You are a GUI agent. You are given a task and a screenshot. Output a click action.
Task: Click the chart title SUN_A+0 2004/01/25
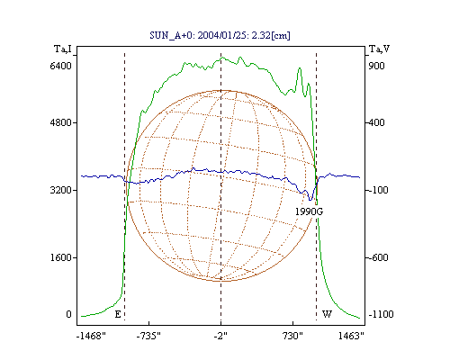pyautogui.click(x=220, y=35)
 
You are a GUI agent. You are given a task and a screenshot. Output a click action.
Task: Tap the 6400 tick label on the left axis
pyautogui.click(x=61, y=66)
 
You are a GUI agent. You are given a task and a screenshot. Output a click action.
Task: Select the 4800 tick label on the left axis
pyautogui.click(x=61, y=122)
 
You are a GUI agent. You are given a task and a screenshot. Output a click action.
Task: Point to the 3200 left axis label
pyautogui.click(x=61, y=190)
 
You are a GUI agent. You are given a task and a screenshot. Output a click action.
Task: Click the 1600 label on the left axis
pyautogui.click(x=61, y=257)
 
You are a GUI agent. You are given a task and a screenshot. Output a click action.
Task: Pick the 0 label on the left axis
pyautogui.click(x=68, y=314)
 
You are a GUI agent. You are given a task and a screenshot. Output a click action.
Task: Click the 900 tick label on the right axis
pyautogui.click(x=376, y=66)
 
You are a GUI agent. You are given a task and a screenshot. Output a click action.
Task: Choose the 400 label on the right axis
pyautogui.click(x=376, y=122)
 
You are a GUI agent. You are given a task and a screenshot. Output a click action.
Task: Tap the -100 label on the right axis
pyautogui.click(x=378, y=190)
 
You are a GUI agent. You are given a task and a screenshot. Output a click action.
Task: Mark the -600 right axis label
pyautogui.click(x=378, y=257)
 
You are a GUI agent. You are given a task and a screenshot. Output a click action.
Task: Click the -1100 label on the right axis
pyautogui.click(x=381, y=314)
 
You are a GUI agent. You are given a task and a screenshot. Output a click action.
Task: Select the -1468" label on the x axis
pyautogui.click(x=91, y=336)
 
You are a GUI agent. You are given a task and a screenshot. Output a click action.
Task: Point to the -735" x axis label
pyautogui.click(x=148, y=336)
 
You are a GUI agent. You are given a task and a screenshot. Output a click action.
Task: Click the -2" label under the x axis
pyautogui.click(x=220, y=336)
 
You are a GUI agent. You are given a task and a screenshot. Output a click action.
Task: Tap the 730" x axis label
pyautogui.click(x=292, y=336)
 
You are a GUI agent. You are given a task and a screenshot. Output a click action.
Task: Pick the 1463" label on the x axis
pyautogui.click(x=351, y=336)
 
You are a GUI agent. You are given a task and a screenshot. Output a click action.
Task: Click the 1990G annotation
pyautogui.click(x=309, y=211)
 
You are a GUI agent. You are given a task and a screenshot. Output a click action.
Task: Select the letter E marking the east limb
pyautogui.click(x=118, y=314)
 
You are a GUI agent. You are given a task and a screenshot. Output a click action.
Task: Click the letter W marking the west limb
pyautogui.click(x=327, y=314)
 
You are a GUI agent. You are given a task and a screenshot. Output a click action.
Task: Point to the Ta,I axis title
pyautogui.click(x=63, y=49)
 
